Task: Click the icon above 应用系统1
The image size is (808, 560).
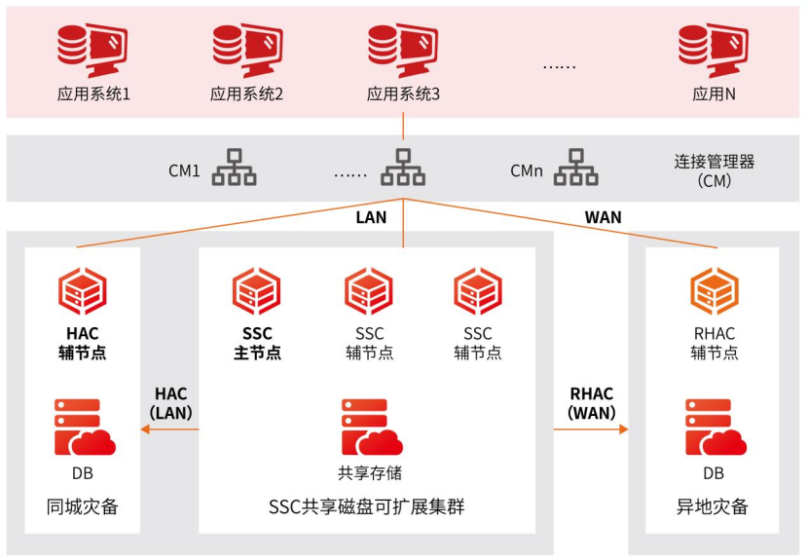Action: click(92, 51)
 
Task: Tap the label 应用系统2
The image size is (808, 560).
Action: click(246, 94)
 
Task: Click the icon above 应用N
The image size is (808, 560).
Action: click(714, 51)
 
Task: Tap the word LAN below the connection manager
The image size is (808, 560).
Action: click(370, 218)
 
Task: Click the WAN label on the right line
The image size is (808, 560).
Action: click(603, 217)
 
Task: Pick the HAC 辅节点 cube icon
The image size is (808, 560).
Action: click(83, 290)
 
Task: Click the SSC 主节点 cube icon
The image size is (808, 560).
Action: click(257, 290)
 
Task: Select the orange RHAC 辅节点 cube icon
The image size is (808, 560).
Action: click(714, 290)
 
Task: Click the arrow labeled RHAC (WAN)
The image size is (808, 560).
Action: click(593, 429)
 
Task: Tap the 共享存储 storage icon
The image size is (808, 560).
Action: click(369, 428)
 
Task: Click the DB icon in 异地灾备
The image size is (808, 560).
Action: click(714, 428)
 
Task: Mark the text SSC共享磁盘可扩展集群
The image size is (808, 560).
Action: click(366, 507)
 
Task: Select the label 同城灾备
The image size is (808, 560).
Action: click(83, 507)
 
